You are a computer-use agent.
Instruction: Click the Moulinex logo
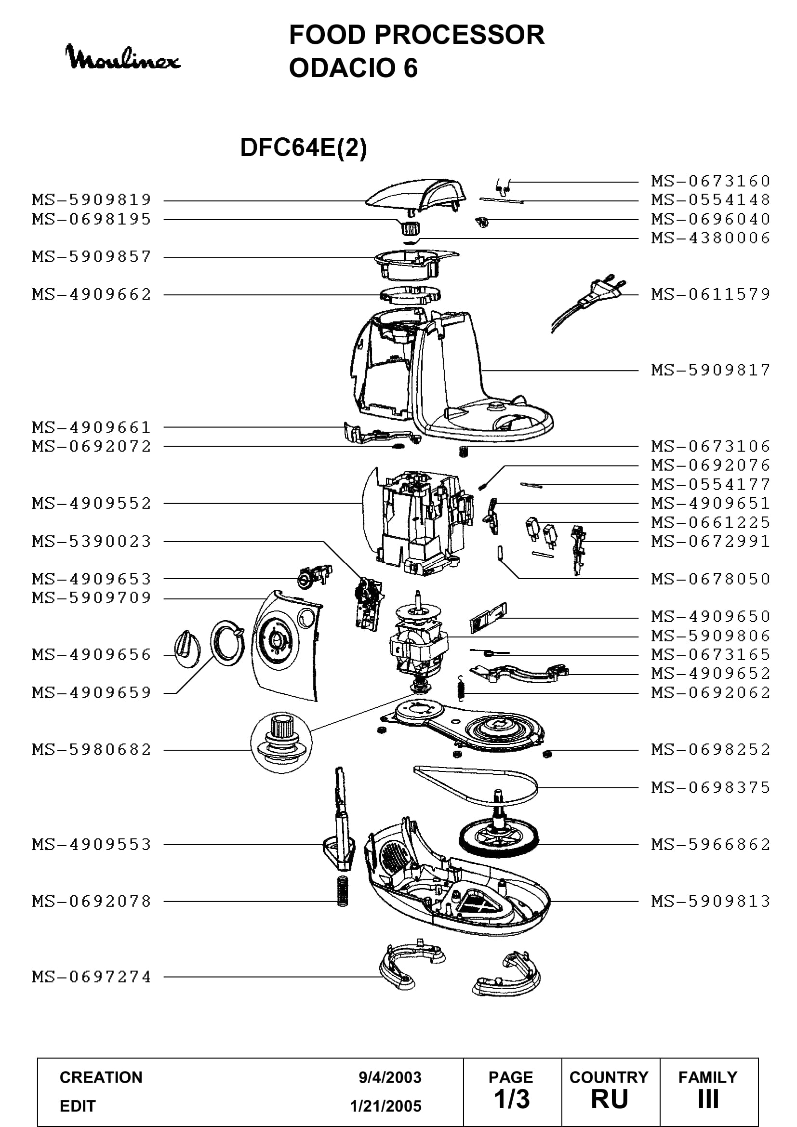(123, 57)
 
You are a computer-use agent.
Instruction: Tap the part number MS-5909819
(92, 200)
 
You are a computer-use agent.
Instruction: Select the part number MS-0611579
(711, 294)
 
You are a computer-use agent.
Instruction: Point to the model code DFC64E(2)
(303, 147)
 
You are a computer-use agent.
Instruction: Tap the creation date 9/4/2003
(390, 1077)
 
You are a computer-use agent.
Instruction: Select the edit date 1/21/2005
(386, 1106)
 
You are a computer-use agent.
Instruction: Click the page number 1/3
(511, 1100)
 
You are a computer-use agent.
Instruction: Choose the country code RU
(610, 1100)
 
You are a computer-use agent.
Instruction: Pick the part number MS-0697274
(92, 977)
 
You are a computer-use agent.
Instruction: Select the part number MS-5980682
(92, 750)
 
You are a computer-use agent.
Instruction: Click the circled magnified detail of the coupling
(281, 742)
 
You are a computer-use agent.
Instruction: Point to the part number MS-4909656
(92, 655)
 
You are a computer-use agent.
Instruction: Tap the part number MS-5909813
(711, 901)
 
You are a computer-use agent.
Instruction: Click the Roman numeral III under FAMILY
(708, 1100)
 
